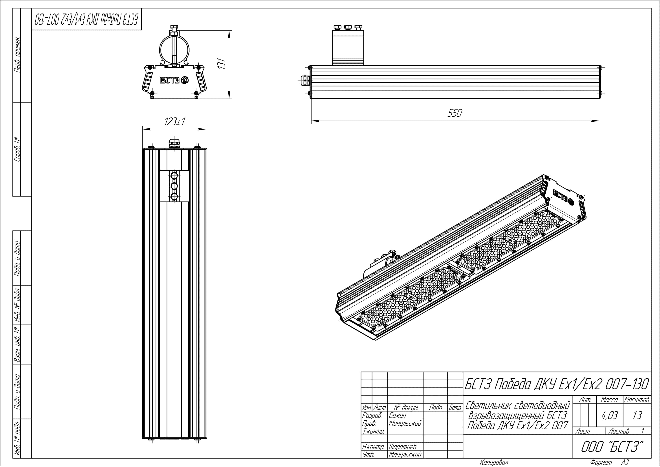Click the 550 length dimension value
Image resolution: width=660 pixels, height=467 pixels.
coord(455,113)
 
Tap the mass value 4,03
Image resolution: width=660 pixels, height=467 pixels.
coord(609,416)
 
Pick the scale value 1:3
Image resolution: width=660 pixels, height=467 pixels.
coord(637,416)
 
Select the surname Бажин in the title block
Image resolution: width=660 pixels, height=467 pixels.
coord(398,416)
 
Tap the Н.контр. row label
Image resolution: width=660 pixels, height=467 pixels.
coord(373,447)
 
